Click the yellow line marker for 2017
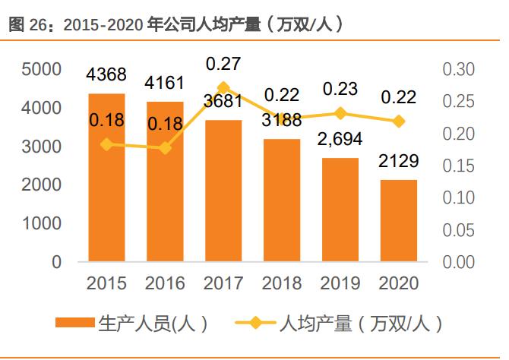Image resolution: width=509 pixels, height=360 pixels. [x=223, y=87]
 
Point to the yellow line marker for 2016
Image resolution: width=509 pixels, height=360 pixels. [x=166, y=147]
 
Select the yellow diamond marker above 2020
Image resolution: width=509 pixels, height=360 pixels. [x=398, y=121]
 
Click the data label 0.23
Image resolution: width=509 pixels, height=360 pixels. [x=340, y=89]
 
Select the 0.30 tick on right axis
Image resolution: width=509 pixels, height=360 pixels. [x=458, y=70]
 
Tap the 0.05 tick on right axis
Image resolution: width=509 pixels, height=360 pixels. [x=458, y=230]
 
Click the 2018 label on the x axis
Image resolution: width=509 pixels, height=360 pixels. [x=282, y=283]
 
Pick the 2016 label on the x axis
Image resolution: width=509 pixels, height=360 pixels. [x=166, y=283]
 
